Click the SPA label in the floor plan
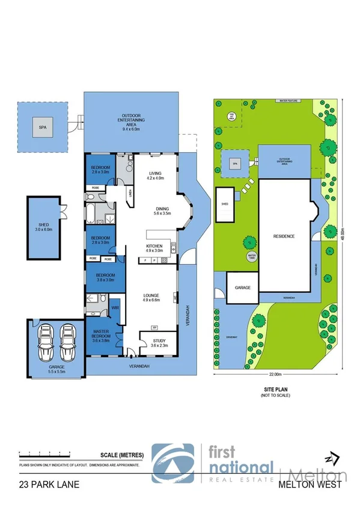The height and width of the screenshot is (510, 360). (42, 127)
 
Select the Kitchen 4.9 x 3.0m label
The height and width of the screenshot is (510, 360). (154, 248)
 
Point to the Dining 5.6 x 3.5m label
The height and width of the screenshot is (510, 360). (162, 210)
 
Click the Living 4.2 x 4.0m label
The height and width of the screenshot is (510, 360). (155, 176)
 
